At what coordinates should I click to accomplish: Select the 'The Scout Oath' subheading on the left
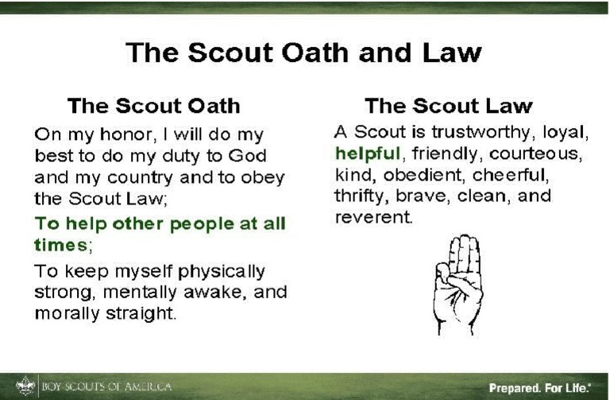153,105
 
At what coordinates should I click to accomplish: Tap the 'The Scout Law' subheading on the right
448,105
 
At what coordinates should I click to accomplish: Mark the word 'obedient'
415,174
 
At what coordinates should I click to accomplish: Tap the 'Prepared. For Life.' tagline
539,388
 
